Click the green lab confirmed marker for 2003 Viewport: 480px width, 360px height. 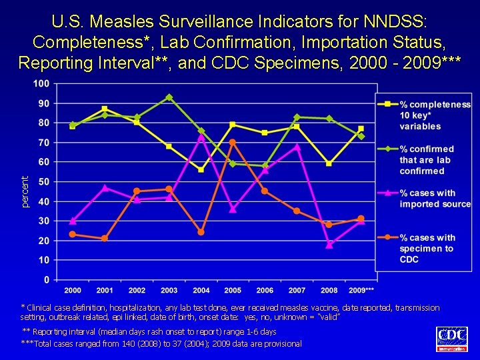tap(169, 97)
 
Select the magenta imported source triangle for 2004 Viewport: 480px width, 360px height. tap(201, 137)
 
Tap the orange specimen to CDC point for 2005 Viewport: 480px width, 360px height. tap(233, 143)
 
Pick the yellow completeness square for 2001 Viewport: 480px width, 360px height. tap(105, 109)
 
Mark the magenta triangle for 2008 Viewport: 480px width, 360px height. tap(329, 245)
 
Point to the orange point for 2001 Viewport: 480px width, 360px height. tap(105, 238)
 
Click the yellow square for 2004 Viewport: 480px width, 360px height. tap(201, 169)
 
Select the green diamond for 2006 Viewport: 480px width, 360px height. tap(265, 165)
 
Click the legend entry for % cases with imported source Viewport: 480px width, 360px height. tap(435, 199)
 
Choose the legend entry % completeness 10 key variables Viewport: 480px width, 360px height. tap(435, 115)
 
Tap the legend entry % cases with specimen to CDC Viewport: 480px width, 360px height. tap(427, 248)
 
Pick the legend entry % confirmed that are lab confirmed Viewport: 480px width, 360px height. tap(427, 160)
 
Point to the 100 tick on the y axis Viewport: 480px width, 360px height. tap(41, 83)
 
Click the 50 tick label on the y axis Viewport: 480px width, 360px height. tap(43, 181)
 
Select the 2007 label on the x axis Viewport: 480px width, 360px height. tap(297, 291)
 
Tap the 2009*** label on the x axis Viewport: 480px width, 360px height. tap(361, 291)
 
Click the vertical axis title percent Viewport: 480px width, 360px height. tap(25, 191)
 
